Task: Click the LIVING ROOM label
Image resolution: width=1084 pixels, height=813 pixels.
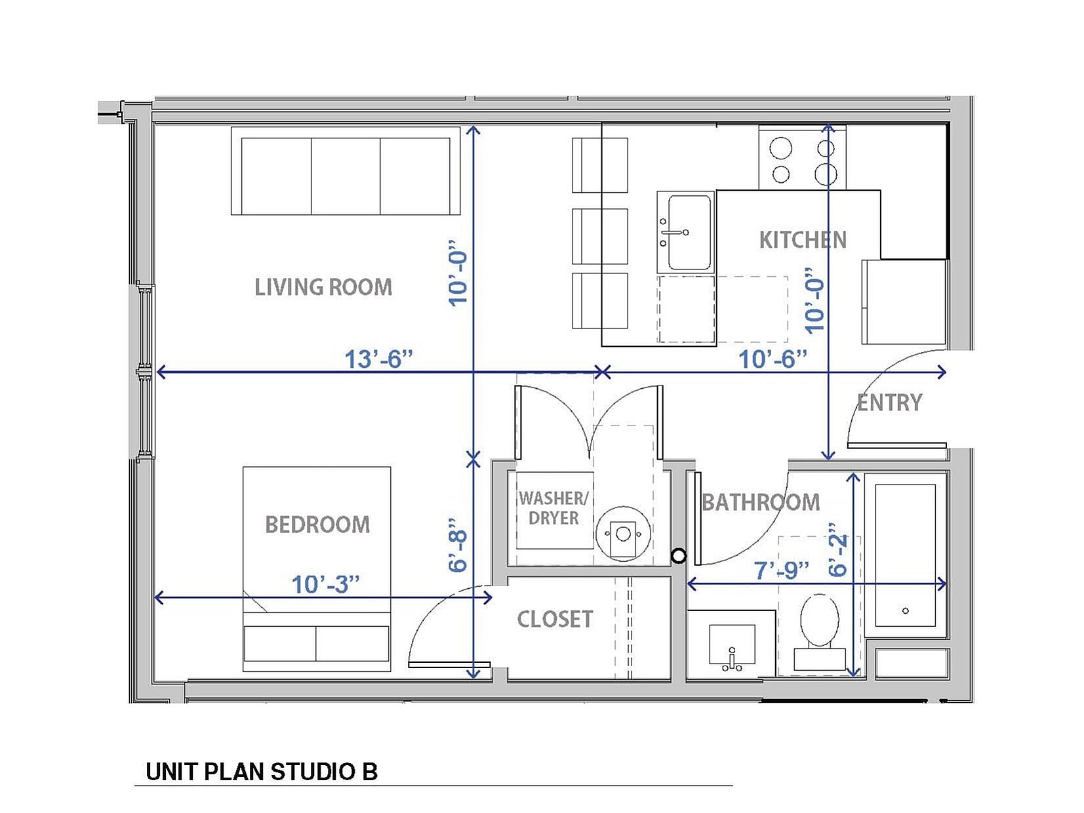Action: (x=323, y=287)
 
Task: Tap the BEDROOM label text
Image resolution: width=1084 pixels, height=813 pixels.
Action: (x=317, y=525)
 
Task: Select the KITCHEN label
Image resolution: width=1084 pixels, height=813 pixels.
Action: (x=802, y=240)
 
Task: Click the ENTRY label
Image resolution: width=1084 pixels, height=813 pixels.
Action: (x=889, y=403)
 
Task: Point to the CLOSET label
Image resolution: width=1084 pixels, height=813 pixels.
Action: (x=555, y=619)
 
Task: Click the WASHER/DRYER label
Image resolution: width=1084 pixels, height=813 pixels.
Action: (x=553, y=508)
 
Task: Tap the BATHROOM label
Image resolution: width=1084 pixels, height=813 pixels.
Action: (x=761, y=503)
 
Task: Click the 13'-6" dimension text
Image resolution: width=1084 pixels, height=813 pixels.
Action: (x=378, y=359)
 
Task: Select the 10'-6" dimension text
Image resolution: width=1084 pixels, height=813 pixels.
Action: (x=773, y=359)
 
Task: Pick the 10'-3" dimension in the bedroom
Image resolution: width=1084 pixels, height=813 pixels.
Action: (x=325, y=584)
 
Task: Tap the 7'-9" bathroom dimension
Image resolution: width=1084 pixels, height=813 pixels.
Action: (x=780, y=570)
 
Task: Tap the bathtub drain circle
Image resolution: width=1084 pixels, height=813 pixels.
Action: (x=905, y=610)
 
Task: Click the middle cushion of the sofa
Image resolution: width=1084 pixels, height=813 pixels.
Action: (x=346, y=176)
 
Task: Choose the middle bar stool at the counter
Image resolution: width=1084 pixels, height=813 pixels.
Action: (x=599, y=236)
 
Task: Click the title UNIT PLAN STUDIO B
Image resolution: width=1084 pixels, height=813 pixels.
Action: (x=261, y=772)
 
